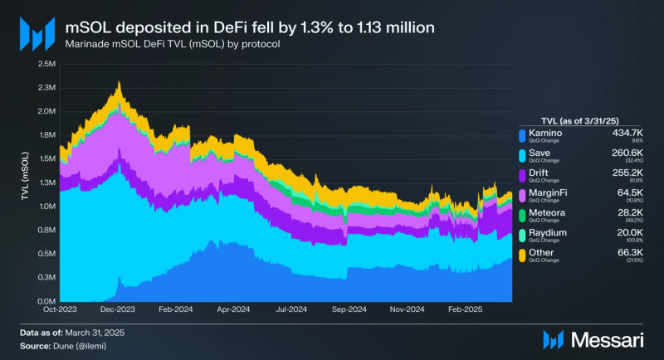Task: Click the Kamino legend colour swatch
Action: click(521, 136)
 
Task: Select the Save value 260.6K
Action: click(624, 153)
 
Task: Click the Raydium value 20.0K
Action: click(627, 233)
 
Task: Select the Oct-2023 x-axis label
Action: click(60, 309)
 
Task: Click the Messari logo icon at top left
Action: click(37, 33)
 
